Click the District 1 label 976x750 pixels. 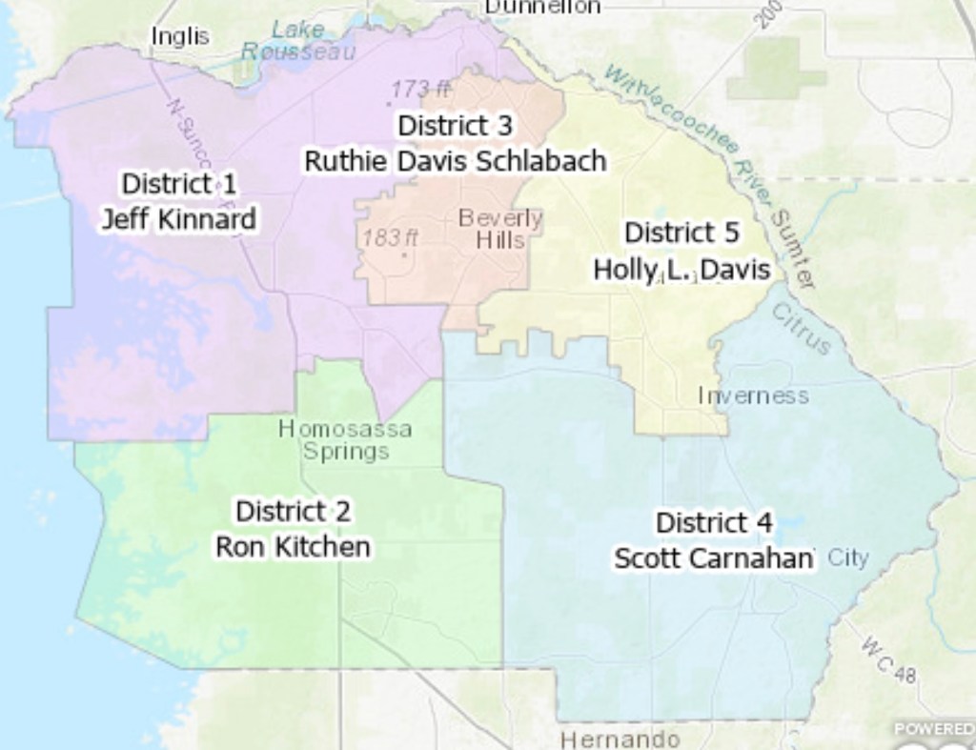pos(179,183)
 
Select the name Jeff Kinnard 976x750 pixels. pos(179,219)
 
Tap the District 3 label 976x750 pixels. pos(455,125)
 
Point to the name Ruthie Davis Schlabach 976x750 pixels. pos(455,161)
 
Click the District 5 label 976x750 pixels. pos(681,233)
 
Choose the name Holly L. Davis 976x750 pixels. pos(681,270)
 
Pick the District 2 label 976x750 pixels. pos(293,511)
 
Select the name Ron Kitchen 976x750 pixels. pos(293,547)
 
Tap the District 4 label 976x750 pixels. pos(714,522)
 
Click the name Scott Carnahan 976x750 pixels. pos(714,558)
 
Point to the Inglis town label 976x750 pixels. pos(180,36)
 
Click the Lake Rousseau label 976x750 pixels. pos(298,41)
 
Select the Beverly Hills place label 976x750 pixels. pos(500,229)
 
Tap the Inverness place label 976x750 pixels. pos(753,395)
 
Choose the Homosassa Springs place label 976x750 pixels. pos(345,439)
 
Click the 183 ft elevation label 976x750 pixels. pos(390,237)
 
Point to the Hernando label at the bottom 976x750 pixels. pos(620,739)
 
